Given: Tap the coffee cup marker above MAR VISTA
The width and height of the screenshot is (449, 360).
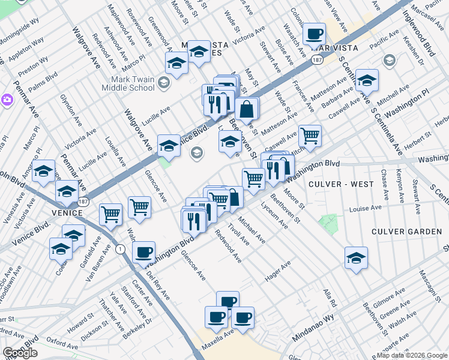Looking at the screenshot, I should coord(314,33).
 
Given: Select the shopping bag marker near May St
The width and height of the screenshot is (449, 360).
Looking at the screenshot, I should coord(247,109).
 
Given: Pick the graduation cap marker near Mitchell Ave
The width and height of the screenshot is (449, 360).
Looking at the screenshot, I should coord(367,80).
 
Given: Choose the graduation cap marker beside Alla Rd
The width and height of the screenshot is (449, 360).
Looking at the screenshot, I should coord(356,257).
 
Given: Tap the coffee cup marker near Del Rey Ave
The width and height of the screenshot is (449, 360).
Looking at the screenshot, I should coord(143,252).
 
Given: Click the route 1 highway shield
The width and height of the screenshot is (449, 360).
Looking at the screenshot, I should coord(121,248).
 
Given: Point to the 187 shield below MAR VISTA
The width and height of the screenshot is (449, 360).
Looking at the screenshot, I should coord(317,59).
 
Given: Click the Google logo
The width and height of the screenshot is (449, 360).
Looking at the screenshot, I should coord(20,353).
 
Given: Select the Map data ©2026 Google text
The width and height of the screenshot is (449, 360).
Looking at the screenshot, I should coord(412,355).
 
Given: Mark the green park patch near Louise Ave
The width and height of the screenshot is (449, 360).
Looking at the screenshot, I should coord(328,223).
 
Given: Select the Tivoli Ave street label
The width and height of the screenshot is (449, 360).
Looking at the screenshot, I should coord(238,234).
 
